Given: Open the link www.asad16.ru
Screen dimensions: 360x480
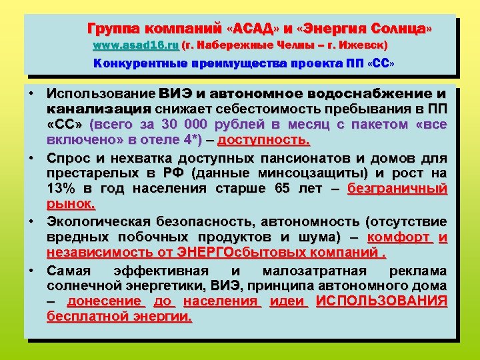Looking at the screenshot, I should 135,46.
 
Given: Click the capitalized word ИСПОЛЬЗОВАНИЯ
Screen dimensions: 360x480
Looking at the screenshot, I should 381,301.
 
